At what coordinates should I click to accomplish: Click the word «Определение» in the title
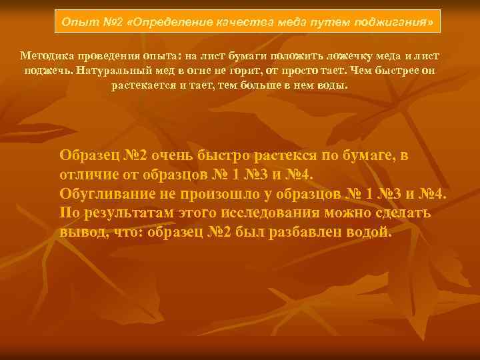[x=171, y=23]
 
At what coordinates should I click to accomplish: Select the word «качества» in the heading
[x=245, y=23]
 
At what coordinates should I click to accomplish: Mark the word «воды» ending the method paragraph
[x=333, y=85]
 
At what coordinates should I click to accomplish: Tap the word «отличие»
[x=86, y=175]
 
